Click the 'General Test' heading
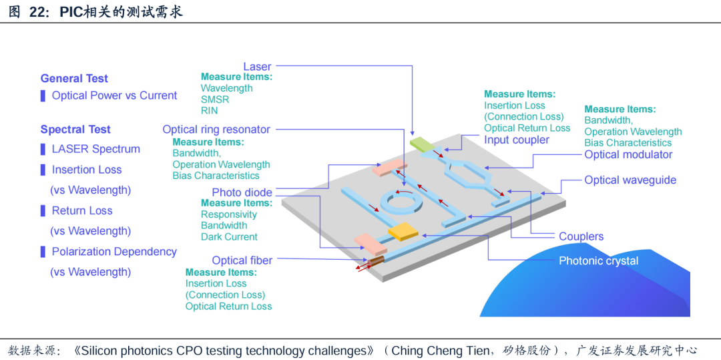pos(74,78)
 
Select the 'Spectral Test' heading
pos(75,130)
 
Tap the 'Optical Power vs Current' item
pos(114,96)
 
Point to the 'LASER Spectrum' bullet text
pos(95,149)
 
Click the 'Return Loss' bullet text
pos(82,210)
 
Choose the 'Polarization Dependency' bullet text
pos(114,252)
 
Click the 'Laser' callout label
pos(257,66)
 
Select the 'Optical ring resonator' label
pos(216,130)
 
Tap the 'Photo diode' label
pos(242,192)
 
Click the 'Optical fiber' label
pos(242,260)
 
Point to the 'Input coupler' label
pos(517,140)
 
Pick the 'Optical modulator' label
pos(628,155)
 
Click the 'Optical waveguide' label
pos(630,180)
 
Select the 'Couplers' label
pos(581,236)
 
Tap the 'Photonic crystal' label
pos(598,261)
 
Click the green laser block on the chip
pos(422,143)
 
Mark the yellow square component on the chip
pos(403,231)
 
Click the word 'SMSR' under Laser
pos(214,100)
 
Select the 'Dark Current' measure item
pos(229,237)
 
